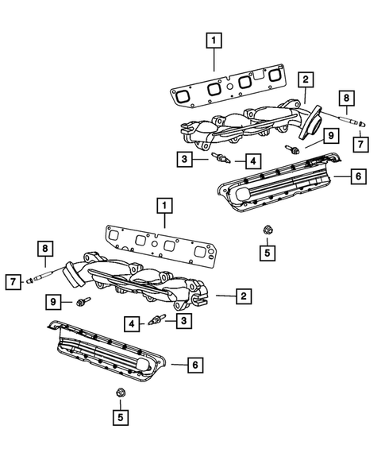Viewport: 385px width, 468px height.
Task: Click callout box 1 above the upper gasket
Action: coord(212,38)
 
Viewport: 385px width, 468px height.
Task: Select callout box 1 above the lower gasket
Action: coord(164,207)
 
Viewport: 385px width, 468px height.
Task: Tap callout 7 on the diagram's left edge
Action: coord(13,280)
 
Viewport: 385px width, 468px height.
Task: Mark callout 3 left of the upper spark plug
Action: coord(183,160)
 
